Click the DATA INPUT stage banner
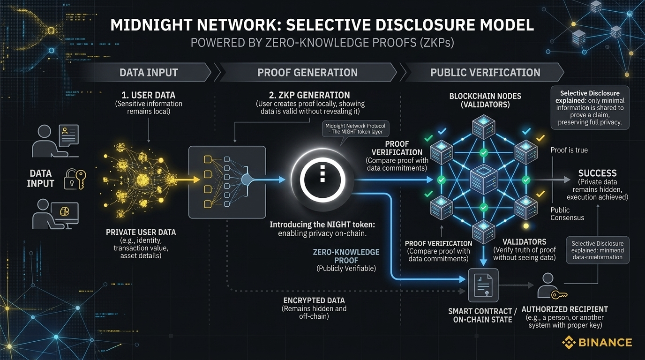point(149,73)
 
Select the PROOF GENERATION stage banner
point(307,73)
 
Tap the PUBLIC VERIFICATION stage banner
point(485,73)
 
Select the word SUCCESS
point(597,173)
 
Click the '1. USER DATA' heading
point(148,96)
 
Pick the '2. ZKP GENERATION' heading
point(309,95)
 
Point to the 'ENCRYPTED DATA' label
point(314,300)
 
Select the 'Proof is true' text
point(569,150)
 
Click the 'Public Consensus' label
point(567,214)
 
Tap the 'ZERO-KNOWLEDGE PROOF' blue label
point(346,256)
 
